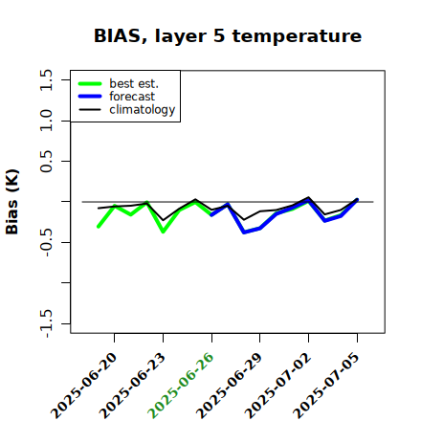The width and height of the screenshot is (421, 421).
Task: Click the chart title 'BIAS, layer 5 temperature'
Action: [x=228, y=36]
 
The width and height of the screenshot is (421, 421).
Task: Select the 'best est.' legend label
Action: [x=134, y=83]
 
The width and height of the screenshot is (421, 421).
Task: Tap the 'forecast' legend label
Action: [x=132, y=97]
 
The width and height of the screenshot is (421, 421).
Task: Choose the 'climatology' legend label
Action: [x=143, y=110]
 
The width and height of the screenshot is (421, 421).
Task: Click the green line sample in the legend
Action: [x=90, y=83]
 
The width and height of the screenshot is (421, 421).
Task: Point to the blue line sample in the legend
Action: [x=90, y=97]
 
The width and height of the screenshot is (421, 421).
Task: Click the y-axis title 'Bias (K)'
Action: [x=11, y=202]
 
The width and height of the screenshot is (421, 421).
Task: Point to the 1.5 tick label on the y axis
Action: [x=46, y=79]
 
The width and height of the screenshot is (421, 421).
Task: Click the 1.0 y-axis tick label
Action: [x=46, y=121]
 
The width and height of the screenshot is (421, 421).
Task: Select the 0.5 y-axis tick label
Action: [x=46, y=162]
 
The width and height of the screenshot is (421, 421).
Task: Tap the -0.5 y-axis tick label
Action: [x=46, y=243]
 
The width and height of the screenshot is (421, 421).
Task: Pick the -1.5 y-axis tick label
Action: [x=46, y=324]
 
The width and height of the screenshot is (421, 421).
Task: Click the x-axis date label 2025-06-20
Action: [x=84, y=386]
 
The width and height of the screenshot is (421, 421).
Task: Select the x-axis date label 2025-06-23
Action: [x=133, y=386]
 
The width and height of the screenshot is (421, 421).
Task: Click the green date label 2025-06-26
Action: [x=181, y=386]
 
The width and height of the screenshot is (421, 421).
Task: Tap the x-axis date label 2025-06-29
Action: [x=230, y=386]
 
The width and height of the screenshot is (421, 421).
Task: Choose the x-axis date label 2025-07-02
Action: [x=278, y=386]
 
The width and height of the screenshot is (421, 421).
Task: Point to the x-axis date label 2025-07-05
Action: [x=326, y=386]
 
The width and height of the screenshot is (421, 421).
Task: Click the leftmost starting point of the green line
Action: [x=99, y=227]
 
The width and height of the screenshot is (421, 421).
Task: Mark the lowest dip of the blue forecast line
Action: [x=244, y=233]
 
